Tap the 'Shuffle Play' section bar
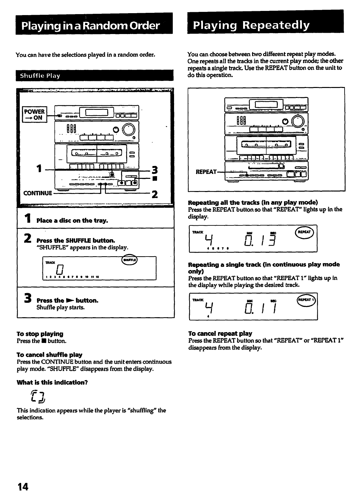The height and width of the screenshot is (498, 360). [x=40, y=76]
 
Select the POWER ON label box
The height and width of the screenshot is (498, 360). [x=34, y=114]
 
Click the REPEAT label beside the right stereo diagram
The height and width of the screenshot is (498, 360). [x=206, y=172]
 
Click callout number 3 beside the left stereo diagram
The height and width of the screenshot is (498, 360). [x=155, y=170]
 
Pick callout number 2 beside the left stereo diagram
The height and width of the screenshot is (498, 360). [x=154, y=194]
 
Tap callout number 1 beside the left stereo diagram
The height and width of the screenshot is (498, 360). [x=39, y=168]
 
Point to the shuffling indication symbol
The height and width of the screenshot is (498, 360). [x=39, y=397]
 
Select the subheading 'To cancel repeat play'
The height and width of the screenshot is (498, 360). [x=220, y=333]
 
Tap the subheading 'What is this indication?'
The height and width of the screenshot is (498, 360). [x=52, y=382]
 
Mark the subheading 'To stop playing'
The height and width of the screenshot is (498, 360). [x=40, y=334]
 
